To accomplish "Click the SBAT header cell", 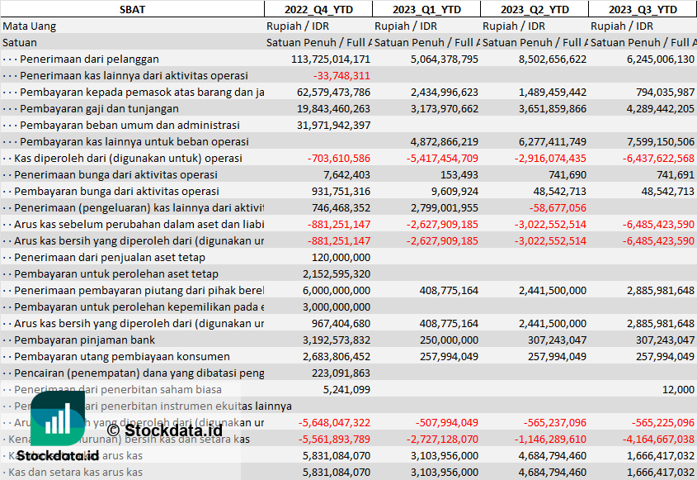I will tap(132, 9).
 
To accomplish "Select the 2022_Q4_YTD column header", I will tap(318, 9).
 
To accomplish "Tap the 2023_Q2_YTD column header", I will tap(535, 9).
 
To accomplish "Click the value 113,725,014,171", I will tap(331, 59).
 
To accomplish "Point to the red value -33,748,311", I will tap(341, 75).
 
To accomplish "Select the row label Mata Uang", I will tap(30, 26).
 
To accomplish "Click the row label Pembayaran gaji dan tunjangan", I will tap(99, 108).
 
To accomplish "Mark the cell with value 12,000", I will tap(678, 389).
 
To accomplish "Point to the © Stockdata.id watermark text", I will tap(165, 430).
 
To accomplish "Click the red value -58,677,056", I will tap(556, 207).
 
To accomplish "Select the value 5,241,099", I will tap(346, 389).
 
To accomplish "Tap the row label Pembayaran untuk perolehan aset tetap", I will tap(116, 273).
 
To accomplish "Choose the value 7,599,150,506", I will tap(652, 141).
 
